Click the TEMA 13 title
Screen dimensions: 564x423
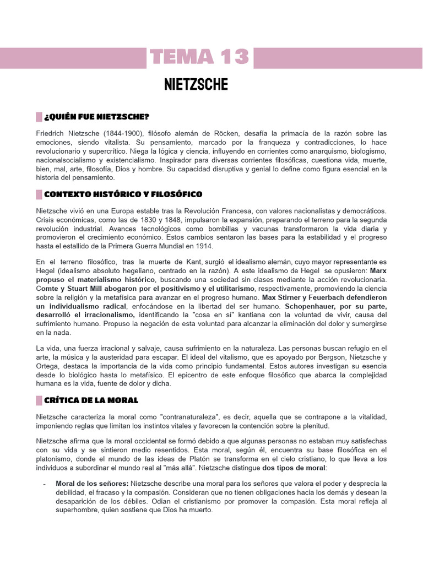[199, 57]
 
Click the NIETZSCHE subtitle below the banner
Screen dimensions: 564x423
[196, 85]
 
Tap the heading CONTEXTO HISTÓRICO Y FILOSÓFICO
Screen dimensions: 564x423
[123, 194]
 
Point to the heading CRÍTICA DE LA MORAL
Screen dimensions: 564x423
[91, 400]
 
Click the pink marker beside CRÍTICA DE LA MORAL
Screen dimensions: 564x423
[39, 400]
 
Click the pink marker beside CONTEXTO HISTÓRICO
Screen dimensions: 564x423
[39, 194]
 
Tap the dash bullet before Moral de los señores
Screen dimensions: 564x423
[44, 484]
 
